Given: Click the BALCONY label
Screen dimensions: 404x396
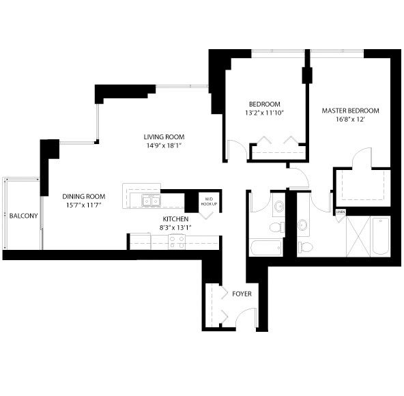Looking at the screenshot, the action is coord(23,216).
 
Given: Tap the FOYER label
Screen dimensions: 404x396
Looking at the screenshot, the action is coord(242,294).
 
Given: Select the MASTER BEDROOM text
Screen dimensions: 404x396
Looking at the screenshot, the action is coord(350,111).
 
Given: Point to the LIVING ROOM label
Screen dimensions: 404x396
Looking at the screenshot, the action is coord(164,137).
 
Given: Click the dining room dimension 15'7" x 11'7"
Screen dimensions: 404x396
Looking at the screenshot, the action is coord(83,206).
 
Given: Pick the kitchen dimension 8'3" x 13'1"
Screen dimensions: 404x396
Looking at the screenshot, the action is coord(175,227).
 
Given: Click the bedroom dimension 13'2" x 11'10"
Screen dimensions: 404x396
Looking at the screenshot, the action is coord(264,113).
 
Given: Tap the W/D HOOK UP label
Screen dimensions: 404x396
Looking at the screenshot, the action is coord(209,201).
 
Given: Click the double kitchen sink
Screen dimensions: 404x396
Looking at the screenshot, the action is coord(151,201).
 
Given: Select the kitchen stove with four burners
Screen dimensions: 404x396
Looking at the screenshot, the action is coord(177,242).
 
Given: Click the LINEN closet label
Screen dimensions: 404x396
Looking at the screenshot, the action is coord(341,212).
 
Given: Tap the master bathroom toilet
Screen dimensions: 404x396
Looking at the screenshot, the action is coord(306,247).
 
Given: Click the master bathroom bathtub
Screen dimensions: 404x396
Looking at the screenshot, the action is coord(381,236).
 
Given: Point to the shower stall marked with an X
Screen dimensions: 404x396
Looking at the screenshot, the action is coord(358,236).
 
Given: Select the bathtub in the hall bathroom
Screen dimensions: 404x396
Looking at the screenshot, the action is coord(265,248).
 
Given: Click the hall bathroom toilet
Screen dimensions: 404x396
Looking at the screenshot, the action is coord(277,227).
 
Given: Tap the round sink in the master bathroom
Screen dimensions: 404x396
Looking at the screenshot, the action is coord(302,225).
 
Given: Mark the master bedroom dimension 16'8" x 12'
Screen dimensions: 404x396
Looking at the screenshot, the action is coord(350,119).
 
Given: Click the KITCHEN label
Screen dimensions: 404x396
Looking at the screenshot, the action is coord(175,219).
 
